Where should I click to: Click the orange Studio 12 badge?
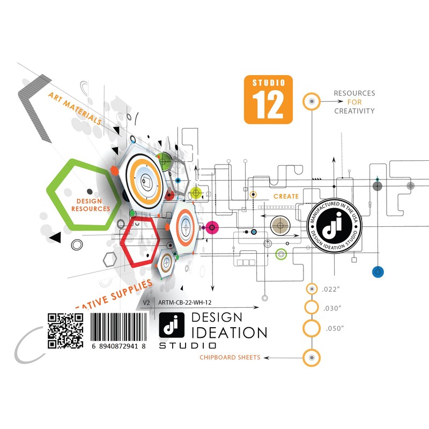269,99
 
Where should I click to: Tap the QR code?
65,330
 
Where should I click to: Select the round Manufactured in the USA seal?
334,227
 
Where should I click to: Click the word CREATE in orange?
286,196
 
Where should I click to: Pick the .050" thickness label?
335,328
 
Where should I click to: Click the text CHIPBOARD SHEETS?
230,357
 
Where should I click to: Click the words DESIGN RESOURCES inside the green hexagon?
90,205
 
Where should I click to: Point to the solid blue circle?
379,272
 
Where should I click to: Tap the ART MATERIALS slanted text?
75,108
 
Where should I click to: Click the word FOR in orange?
354,102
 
